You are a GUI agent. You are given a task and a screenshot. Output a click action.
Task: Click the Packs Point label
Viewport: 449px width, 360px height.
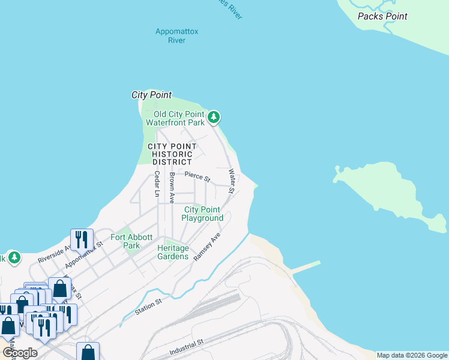(382, 17)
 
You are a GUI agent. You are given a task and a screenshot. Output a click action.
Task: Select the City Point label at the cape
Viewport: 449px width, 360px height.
(151, 95)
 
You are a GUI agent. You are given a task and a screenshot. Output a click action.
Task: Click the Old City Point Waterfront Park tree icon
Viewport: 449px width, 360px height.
(214, 118)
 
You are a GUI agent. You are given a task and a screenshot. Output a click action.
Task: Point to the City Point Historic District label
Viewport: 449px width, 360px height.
(172, 154)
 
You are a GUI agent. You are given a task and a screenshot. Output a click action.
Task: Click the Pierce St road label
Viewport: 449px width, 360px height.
(197, 177)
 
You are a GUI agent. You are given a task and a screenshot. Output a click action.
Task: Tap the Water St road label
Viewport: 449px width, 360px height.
(231, 181)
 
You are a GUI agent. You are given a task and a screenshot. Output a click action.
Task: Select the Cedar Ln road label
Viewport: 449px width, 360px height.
(157, 184)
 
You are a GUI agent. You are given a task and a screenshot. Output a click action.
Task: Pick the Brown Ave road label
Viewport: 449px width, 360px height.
(172, 188)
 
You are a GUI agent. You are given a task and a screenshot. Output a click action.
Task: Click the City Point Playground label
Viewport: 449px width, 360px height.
(203, 214)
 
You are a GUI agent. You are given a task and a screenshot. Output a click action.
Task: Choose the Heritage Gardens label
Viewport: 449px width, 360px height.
(173, 252)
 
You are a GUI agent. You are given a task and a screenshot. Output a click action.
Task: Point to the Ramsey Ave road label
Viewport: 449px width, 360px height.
(208, 247)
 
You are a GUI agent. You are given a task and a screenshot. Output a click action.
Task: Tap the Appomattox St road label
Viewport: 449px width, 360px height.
(85, 254)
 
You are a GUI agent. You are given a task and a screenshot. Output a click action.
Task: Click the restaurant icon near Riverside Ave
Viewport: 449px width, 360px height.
(81, 239)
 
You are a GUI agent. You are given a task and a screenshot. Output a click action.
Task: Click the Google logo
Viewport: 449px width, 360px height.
(20, 353)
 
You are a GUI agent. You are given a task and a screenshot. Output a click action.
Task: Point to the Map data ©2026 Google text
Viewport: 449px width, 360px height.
(412, 355)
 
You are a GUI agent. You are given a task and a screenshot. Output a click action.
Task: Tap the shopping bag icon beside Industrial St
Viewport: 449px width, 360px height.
(88, 352)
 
